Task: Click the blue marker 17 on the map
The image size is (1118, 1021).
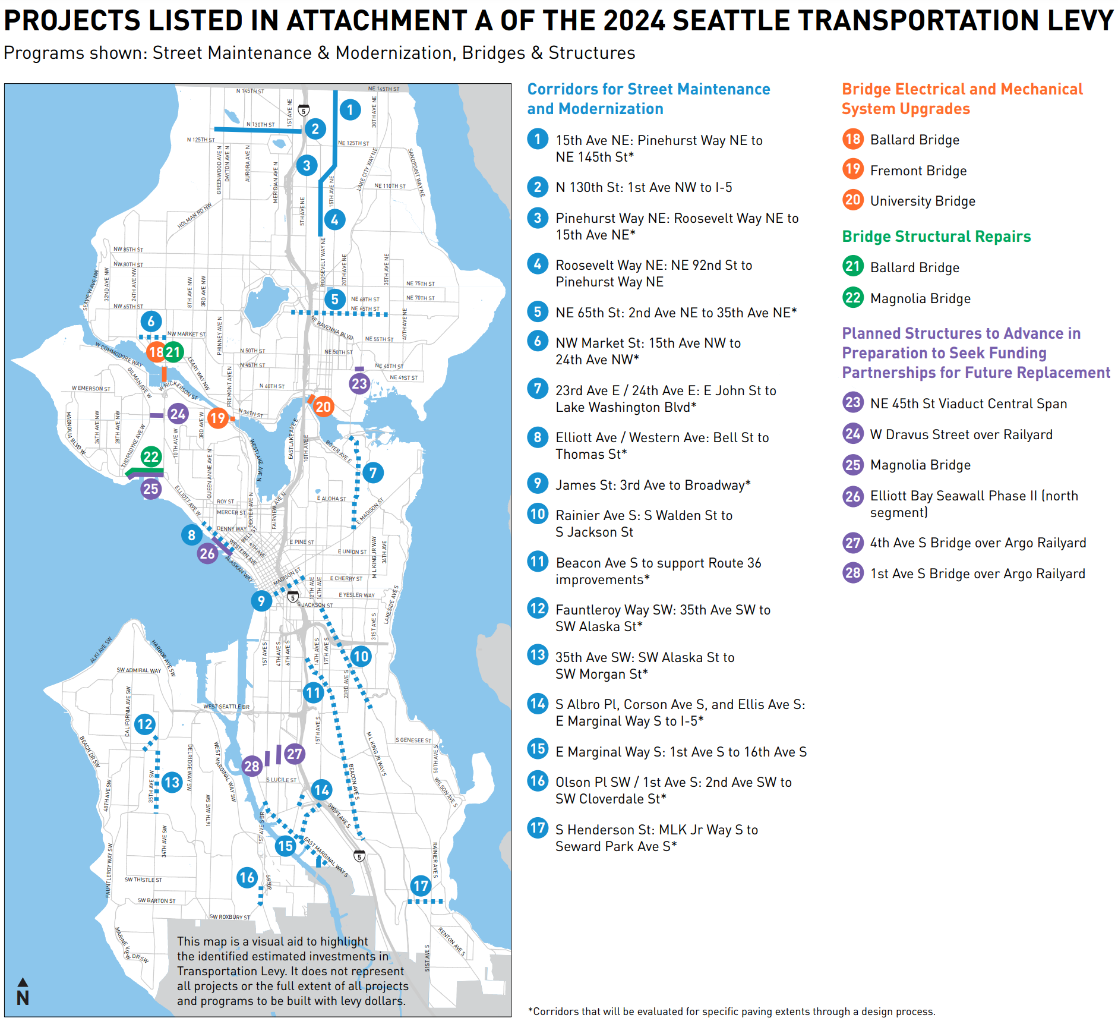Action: (x=421, y=886)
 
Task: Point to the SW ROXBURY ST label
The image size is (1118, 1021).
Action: (x=230, y=917)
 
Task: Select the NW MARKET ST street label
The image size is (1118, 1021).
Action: (x=187, y=334)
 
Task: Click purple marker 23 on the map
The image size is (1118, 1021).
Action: (x=359, y=383)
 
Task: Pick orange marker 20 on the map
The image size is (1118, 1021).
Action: (x=323, y=406)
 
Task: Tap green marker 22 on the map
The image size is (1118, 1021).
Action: (x=151, y=456)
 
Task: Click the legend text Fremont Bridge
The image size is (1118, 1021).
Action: (x=918, y=171)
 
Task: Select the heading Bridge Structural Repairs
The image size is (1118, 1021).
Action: (x=936, y=237)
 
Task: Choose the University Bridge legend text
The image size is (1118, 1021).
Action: (x=923, y=201)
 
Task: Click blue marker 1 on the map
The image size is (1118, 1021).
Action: (x=350, y=109)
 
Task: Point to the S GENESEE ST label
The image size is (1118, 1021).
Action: (x=413, y=740)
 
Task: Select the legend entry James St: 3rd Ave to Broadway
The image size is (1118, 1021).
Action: (x=653, y=486)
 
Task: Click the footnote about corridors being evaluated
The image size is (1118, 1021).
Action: (x=731, y=1011)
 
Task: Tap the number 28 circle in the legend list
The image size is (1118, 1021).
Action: (x=853, y=573)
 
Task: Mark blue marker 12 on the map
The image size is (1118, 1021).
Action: (x=145, y=724)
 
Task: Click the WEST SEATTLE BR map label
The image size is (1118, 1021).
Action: (x=226, y=707)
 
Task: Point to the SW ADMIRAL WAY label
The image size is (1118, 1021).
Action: (x=138, y=670)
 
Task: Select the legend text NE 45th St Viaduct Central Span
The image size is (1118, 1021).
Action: (x=968, y=404)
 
